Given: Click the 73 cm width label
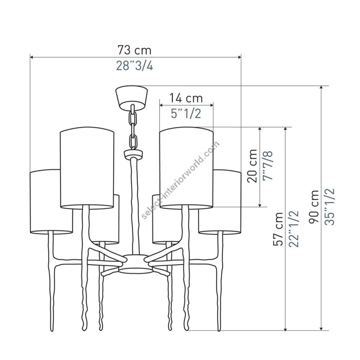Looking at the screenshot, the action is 134,50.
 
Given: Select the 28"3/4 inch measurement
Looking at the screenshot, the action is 134,66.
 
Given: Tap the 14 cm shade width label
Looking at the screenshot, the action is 186,98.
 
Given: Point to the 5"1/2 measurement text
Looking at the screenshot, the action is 186,113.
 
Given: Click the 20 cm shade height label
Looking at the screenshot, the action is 252,166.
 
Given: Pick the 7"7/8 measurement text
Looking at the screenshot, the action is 268,166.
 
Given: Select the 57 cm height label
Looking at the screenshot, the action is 278,229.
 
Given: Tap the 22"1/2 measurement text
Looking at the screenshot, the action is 294,229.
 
